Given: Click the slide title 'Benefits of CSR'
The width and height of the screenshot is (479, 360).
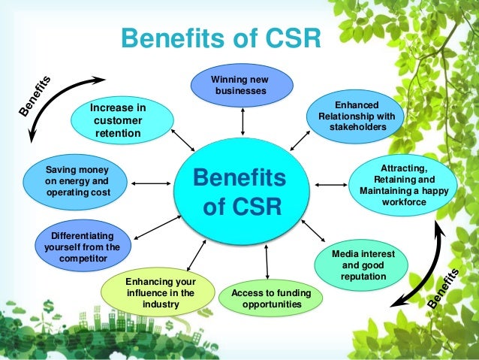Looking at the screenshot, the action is point(221,37).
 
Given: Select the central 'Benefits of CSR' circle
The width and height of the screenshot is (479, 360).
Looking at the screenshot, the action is point(240,191).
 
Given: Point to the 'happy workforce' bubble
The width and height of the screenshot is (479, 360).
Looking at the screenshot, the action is point(403,184).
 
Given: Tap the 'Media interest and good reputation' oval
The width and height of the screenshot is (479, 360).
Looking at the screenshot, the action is point(363,266).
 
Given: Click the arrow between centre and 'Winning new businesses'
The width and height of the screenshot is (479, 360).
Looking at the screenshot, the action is point(241,120).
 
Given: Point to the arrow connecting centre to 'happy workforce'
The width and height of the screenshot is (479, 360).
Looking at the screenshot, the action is point(330,183).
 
